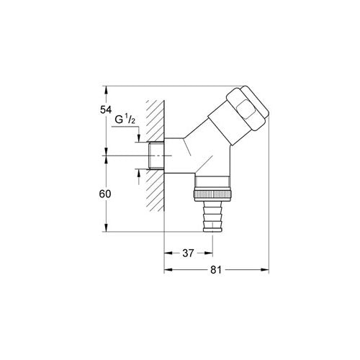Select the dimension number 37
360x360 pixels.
[188, 253]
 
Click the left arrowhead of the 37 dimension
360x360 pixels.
[169, 253]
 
